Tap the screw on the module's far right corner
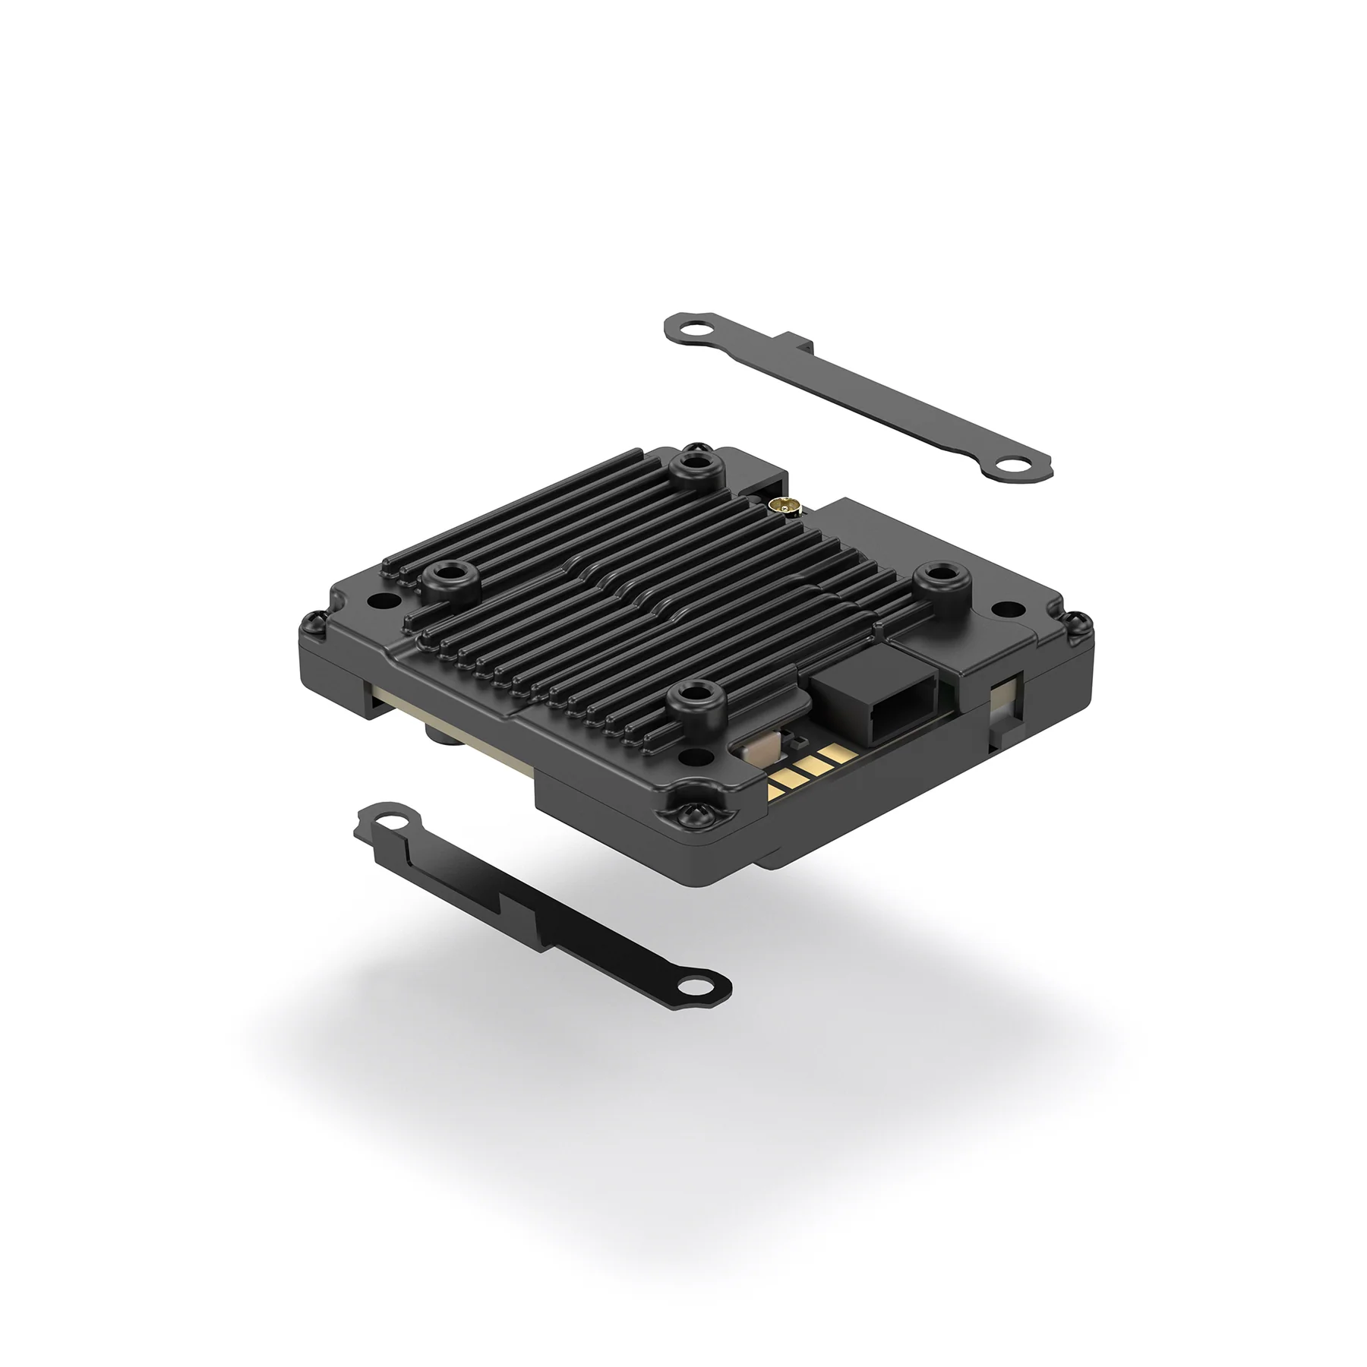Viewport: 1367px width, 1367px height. coord(1078,624)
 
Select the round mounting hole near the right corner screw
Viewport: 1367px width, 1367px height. coord(1007,609)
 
